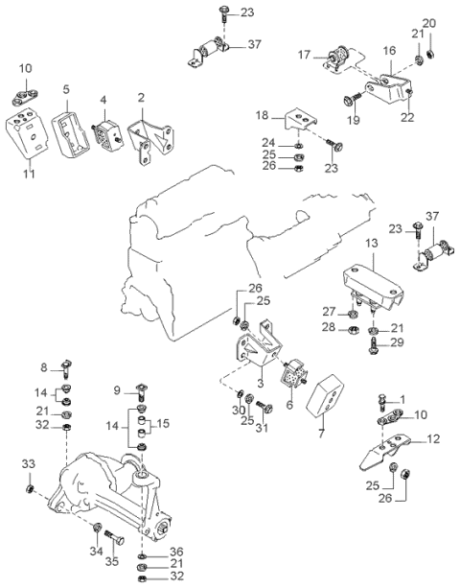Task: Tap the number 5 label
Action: [65, 91]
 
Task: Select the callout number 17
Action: [304, 55]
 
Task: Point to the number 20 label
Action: [428, 23]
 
